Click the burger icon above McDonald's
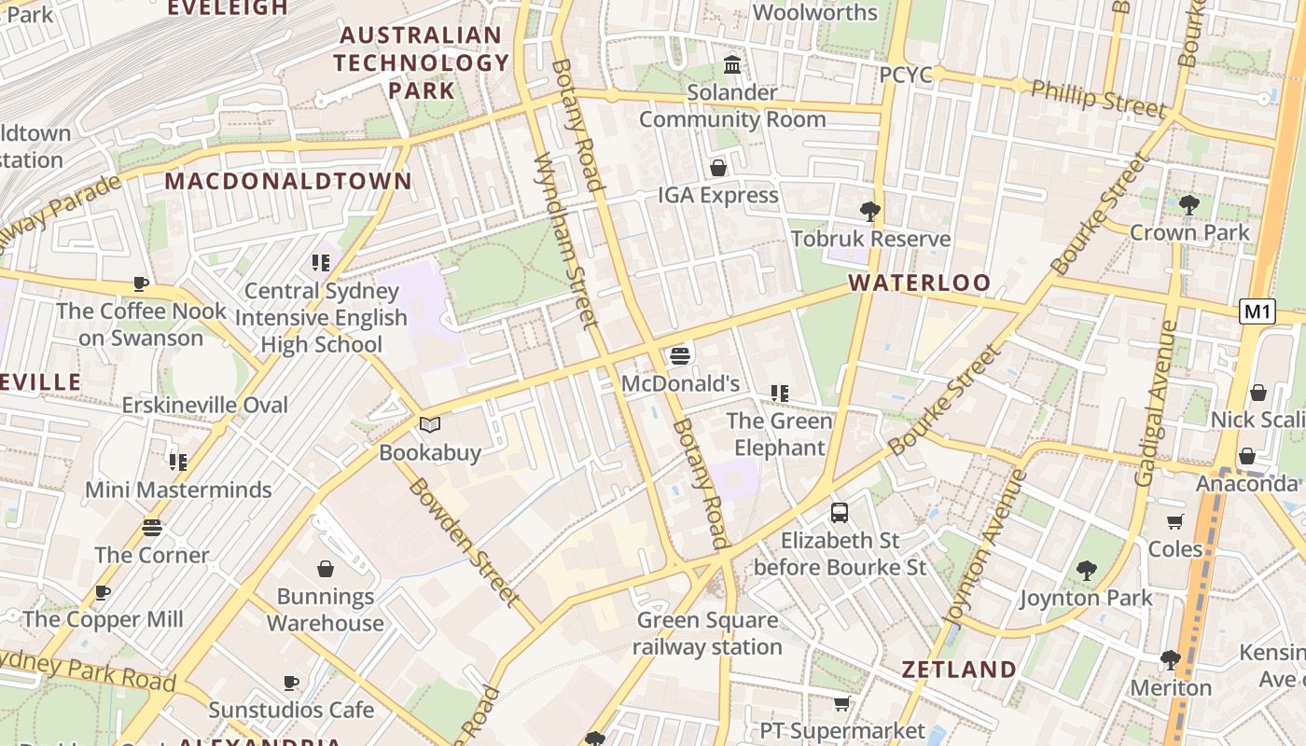(680, 355)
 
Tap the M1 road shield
(1257, 311)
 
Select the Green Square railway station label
(708, 633)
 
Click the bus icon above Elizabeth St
(840, 512)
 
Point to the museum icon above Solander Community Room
(732, 65)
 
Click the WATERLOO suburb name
(919, 283)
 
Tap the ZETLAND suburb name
(958, 669)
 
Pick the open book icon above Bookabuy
(429, 425)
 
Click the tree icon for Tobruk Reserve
(870, 212)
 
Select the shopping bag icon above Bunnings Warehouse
(326, 569)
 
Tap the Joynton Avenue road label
(985, 547)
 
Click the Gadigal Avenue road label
(1156, 403)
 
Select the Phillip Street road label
(1098, 98)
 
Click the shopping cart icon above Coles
(1174, 521)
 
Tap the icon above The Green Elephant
(779, 394)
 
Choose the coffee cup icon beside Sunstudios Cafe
(291, 683)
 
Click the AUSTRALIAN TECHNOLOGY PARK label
(422, 62)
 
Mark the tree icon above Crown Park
(1188, 204)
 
